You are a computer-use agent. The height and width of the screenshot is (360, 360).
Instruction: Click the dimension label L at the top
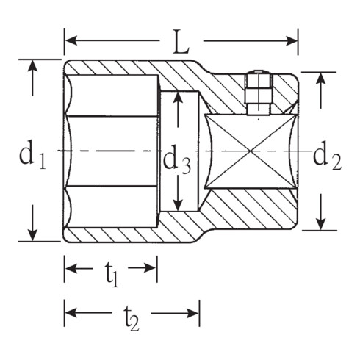pos(181,42)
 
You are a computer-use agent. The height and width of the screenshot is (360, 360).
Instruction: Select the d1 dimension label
pos(32,154)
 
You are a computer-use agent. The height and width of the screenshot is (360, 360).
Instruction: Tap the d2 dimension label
pos(327,155)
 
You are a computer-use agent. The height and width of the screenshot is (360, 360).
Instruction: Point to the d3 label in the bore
pos(177,159)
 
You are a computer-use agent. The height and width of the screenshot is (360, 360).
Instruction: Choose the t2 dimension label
pos(132,317)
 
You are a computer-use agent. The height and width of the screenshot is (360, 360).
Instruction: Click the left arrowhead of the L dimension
pos(71,40)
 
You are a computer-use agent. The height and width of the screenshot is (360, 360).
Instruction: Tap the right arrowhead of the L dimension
pos(291,41)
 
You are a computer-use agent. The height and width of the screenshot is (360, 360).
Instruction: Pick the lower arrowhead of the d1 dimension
pos(32,234)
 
